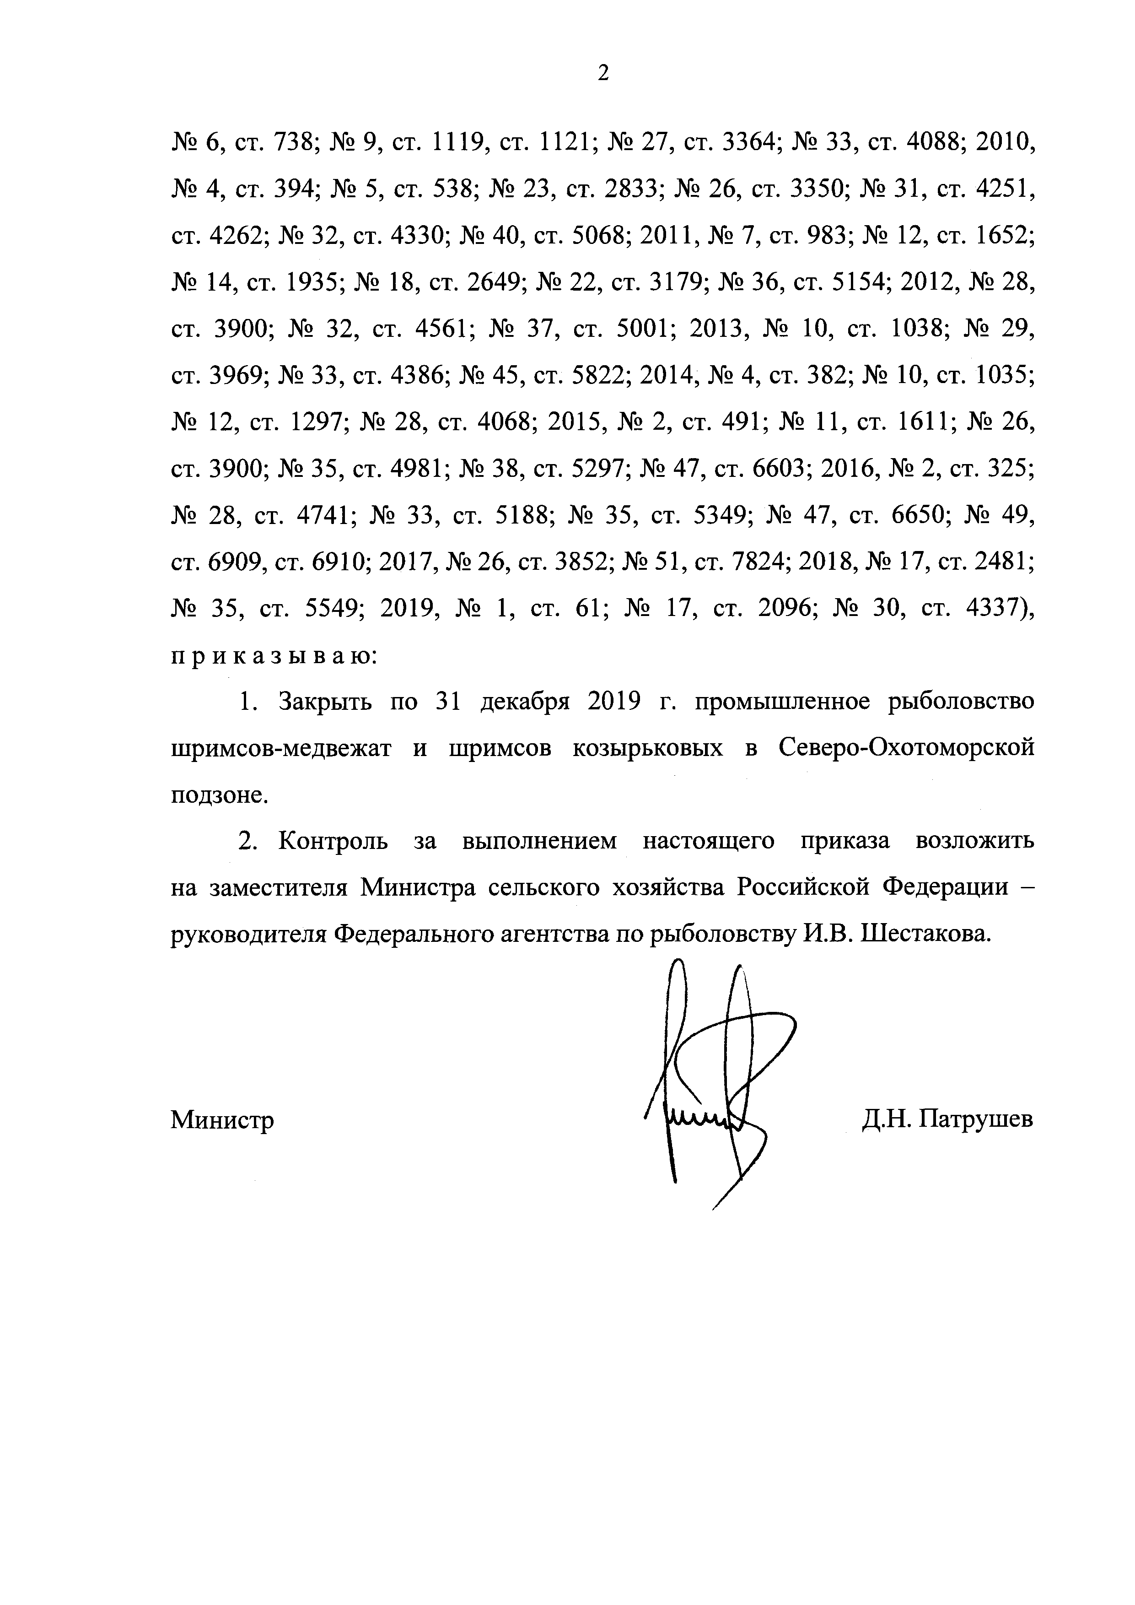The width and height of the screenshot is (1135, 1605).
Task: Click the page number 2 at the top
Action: (603, 73)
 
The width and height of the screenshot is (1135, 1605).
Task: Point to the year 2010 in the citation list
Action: (1004, 143)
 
